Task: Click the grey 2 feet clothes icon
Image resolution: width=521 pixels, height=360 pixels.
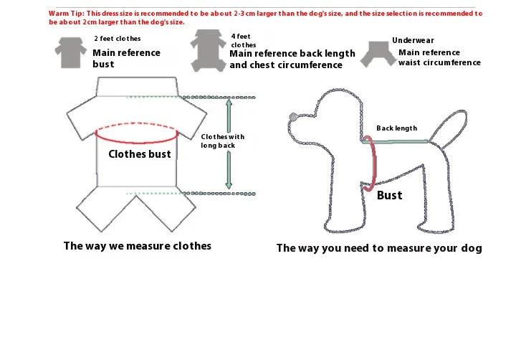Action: [67, 52]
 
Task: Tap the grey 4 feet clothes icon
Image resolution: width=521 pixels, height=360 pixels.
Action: [208, 50]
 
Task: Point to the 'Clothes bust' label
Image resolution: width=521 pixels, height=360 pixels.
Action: [140, 154]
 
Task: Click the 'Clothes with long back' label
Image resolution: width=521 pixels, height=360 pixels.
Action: [222, 141]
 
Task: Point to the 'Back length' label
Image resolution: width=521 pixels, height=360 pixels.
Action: [396, 128]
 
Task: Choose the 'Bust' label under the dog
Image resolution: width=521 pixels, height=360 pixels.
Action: [390, 195]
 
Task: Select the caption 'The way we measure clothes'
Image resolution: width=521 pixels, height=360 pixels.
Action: [138, 246]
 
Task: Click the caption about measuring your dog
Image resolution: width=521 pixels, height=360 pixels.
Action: [379, 248]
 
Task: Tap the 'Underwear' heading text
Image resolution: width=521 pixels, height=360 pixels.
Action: [413, 41]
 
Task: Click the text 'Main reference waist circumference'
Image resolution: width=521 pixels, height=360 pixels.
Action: [439, 57]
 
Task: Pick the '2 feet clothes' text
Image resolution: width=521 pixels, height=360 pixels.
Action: [118, 39]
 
